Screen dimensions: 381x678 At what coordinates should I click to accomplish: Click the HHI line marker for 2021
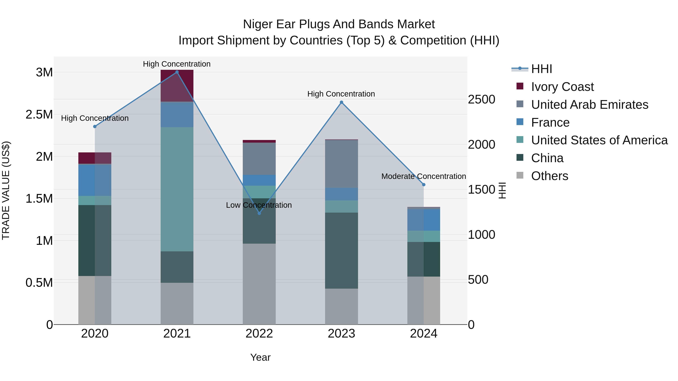click(x=177, y=72)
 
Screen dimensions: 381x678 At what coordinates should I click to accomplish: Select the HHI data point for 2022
click(x=259, y=213)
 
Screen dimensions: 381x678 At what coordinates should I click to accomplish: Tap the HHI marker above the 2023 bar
click(x=341, y=102)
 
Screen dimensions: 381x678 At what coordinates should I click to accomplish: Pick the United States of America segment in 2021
click(x=177, y=189)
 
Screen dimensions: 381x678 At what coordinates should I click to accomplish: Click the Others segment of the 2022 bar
click(x=259, y=284)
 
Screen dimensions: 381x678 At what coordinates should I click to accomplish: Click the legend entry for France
click(x=550, y=122)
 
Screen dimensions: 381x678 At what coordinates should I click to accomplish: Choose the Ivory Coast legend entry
click(x=562, y=87)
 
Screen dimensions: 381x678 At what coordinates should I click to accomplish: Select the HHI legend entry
click(x=541, y=69)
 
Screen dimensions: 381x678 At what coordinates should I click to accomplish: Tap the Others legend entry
click(x=550, y=176)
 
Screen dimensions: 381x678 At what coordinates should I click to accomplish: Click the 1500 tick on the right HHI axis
click(x=481, y=190)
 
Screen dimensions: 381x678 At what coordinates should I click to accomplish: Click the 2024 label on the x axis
click(x=424, y=334)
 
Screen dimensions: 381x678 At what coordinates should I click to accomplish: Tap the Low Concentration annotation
click(x=259, y=205)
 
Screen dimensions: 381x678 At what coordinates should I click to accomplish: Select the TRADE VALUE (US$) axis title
click(x=6, y=190)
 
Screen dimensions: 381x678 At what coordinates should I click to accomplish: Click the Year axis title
click(x=260, y=357)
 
